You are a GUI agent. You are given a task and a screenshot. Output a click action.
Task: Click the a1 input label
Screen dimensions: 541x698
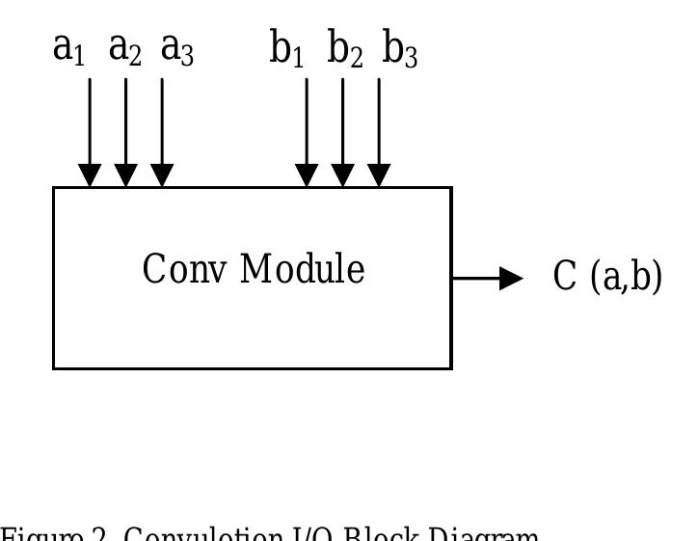68,48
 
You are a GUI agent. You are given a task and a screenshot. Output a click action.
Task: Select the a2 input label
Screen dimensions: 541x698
125,48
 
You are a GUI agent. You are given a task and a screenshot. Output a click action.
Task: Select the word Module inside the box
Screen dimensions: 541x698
302,270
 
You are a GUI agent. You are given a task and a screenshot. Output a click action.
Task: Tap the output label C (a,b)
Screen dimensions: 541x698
607,277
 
